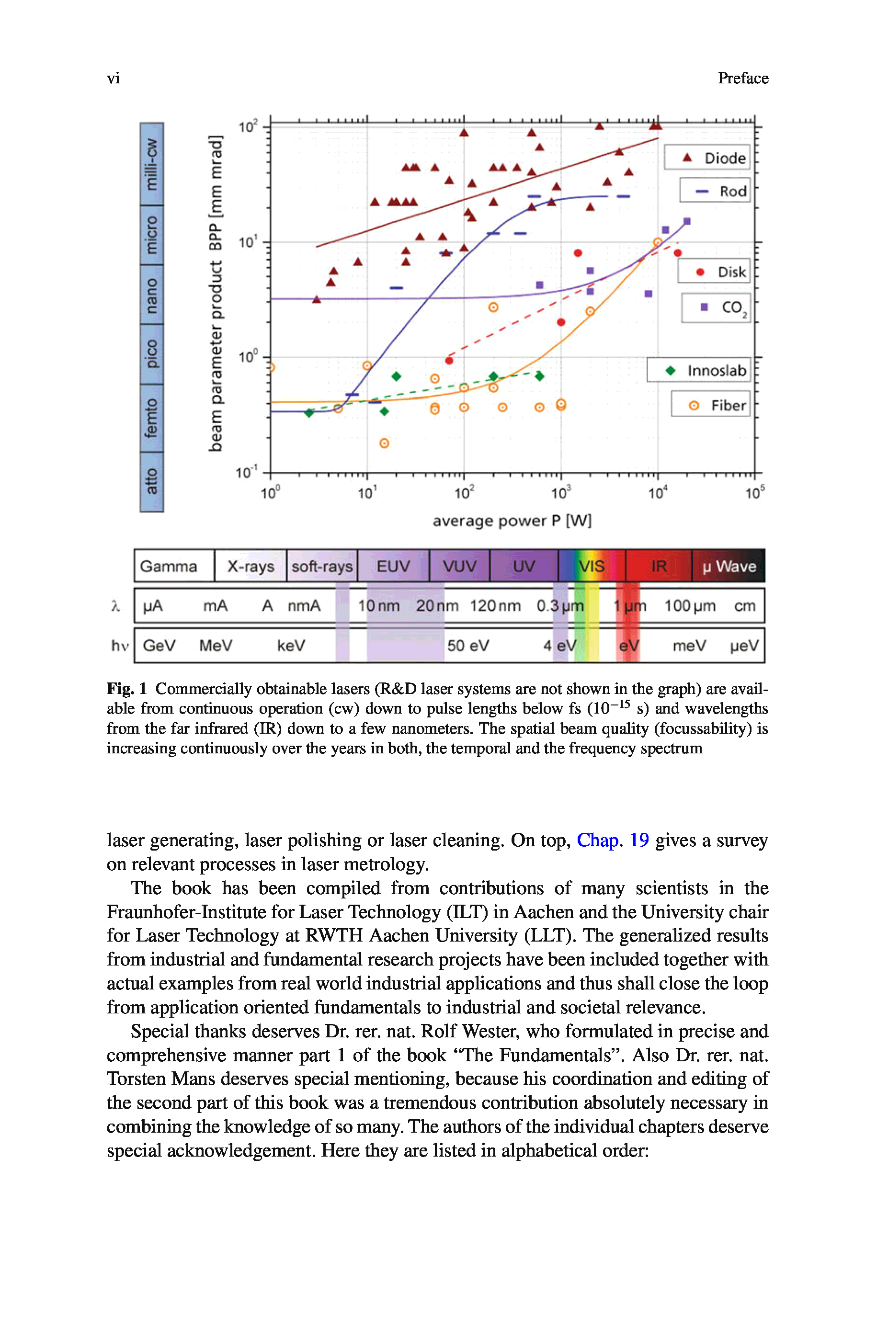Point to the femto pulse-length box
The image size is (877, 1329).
[151, 418]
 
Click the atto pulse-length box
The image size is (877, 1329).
[151, 481]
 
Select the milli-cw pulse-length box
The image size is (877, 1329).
[151, 164]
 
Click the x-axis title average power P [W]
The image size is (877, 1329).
[512, 521]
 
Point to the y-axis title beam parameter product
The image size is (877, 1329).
[216, 293]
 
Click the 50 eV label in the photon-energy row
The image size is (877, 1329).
[467, 646]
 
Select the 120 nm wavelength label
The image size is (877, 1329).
[495, 606]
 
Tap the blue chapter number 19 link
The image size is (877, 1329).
[639, 840]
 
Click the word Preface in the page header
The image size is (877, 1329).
[743, 78]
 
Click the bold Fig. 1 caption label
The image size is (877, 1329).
[126, 688]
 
